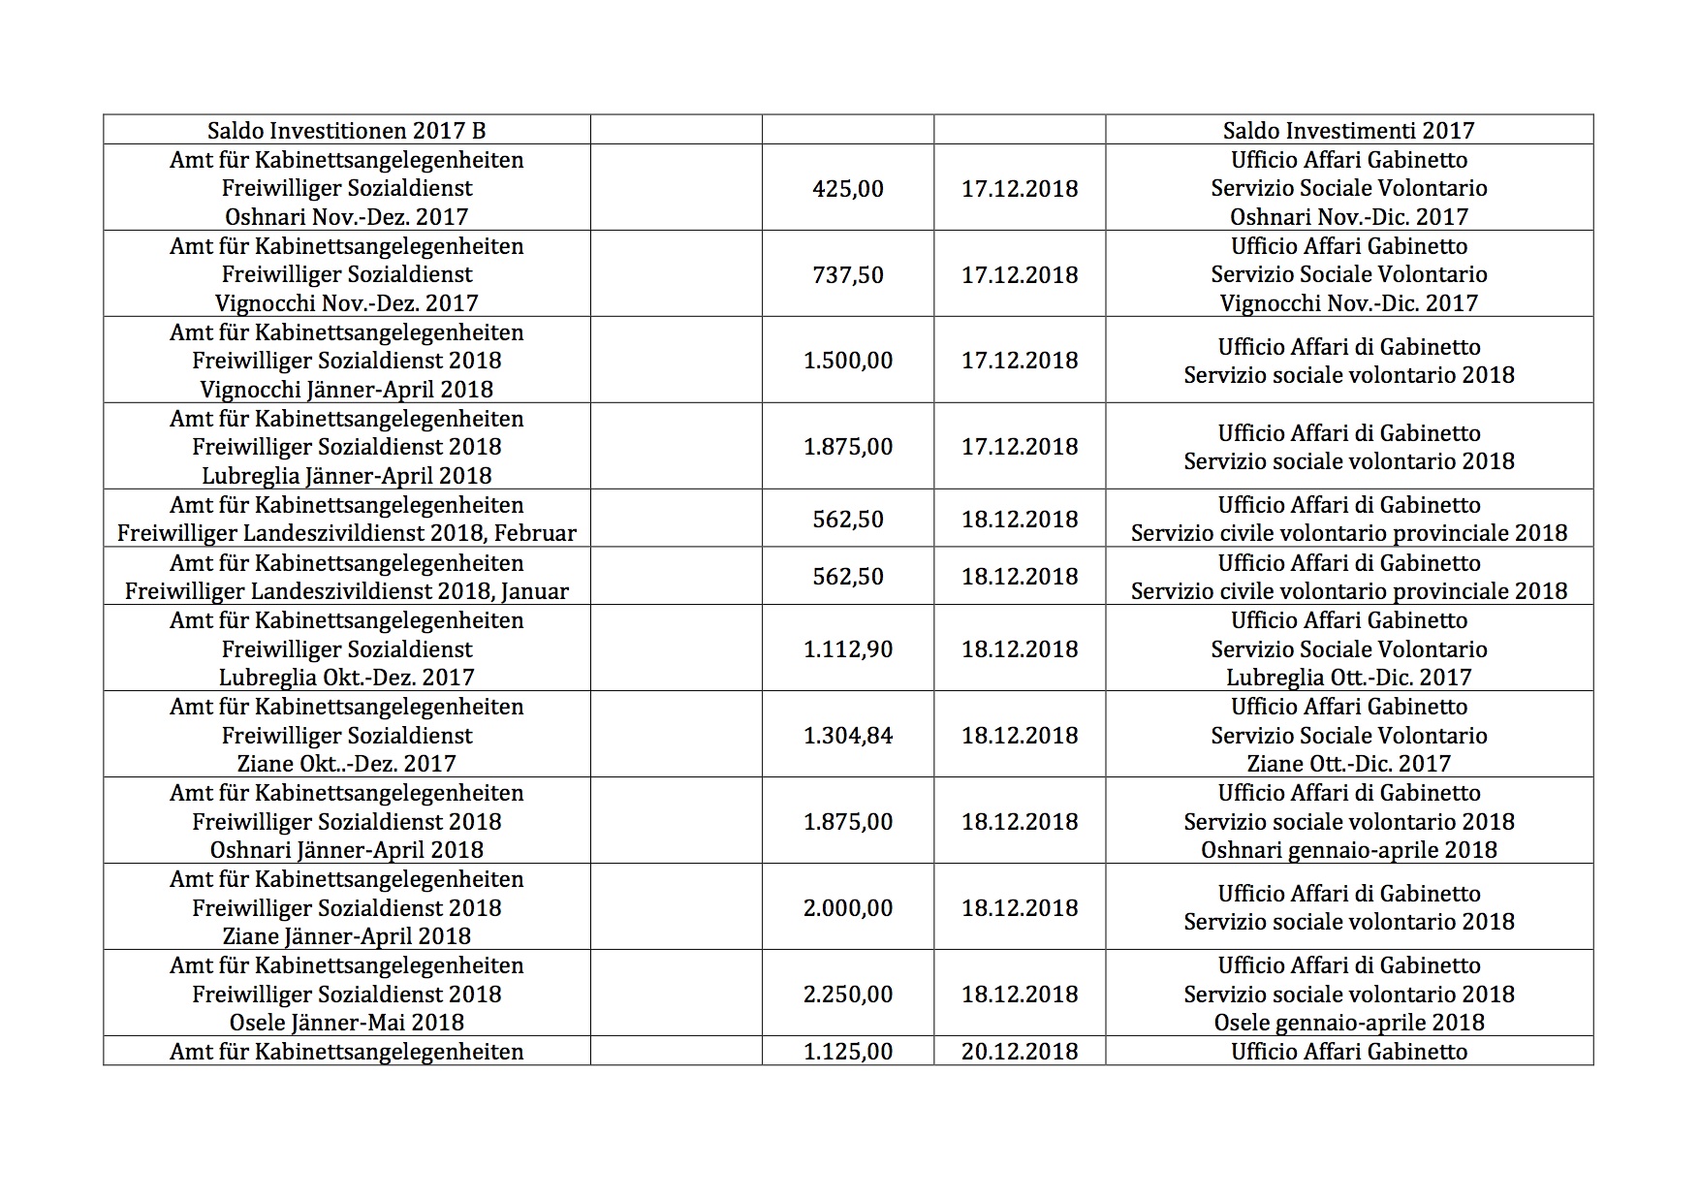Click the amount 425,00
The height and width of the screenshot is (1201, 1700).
(x=848, y=188)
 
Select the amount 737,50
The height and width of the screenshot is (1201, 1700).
(x=848, y=274)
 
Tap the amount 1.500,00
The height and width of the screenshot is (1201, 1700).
(x=848, y=361)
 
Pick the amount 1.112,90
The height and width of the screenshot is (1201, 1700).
(x=848, y=648)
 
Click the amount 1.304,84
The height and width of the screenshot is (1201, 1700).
(x=848, y=735)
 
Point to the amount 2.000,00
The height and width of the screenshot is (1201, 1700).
(x=848, y=907)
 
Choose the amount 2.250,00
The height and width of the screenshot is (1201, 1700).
(x=848, y=994)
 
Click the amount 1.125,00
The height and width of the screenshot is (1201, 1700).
(x=848, y=1051)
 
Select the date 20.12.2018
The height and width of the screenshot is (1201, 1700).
(x=1020, y=1051)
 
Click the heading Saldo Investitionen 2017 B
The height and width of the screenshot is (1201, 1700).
(x=347, y=131)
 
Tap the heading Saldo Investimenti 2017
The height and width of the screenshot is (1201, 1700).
(x=1349, y=131)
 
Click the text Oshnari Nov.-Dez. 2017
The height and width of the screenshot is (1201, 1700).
(x=347, y=217)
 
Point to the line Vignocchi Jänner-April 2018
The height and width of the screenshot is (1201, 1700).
(x=347, y=390)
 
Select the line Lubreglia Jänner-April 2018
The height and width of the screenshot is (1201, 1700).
(x=347, y=476)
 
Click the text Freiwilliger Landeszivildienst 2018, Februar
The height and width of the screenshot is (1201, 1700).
(x=347, y=533)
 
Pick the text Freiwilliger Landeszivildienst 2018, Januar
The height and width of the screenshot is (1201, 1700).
(x=347, y=591)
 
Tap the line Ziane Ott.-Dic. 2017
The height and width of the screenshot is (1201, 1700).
(x=1349, y=764)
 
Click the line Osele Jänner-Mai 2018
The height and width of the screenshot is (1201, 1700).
(x=347, y=1023)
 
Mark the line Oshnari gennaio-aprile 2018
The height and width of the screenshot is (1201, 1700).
(x=1349, y=850)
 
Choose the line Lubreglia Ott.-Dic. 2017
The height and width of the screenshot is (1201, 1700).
(x=1349, y=678)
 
